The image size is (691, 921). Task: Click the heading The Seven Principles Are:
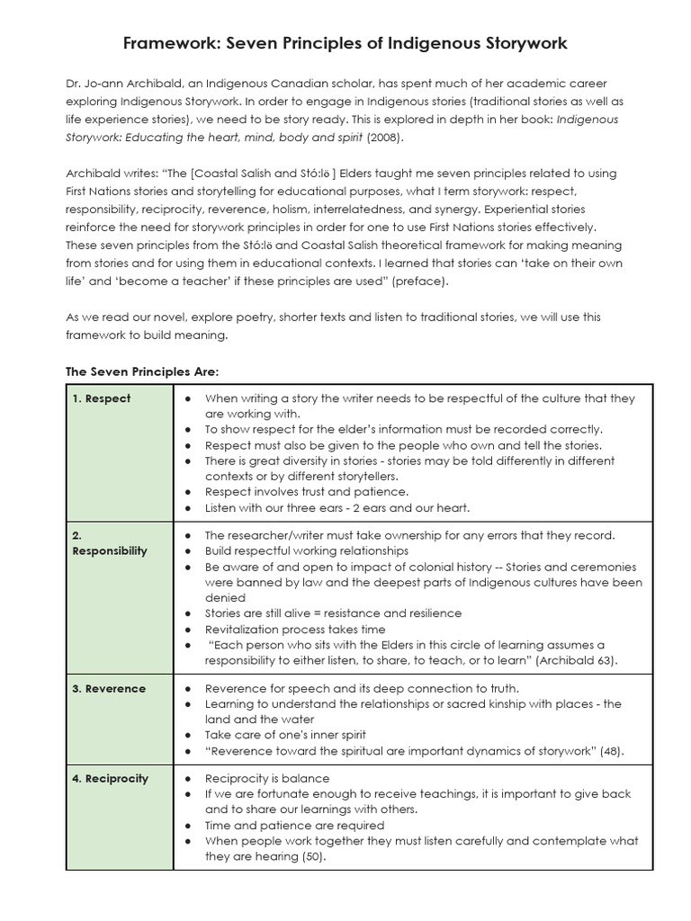(x=143, y=371)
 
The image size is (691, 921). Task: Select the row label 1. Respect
(x=101, y=398)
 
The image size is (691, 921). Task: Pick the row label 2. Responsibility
(x=109, y=543)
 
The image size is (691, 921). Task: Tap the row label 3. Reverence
(x=108, y=689)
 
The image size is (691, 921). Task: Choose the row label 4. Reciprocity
(x=111, y=779)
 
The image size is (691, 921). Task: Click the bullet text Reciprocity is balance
(x=267, y=779)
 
